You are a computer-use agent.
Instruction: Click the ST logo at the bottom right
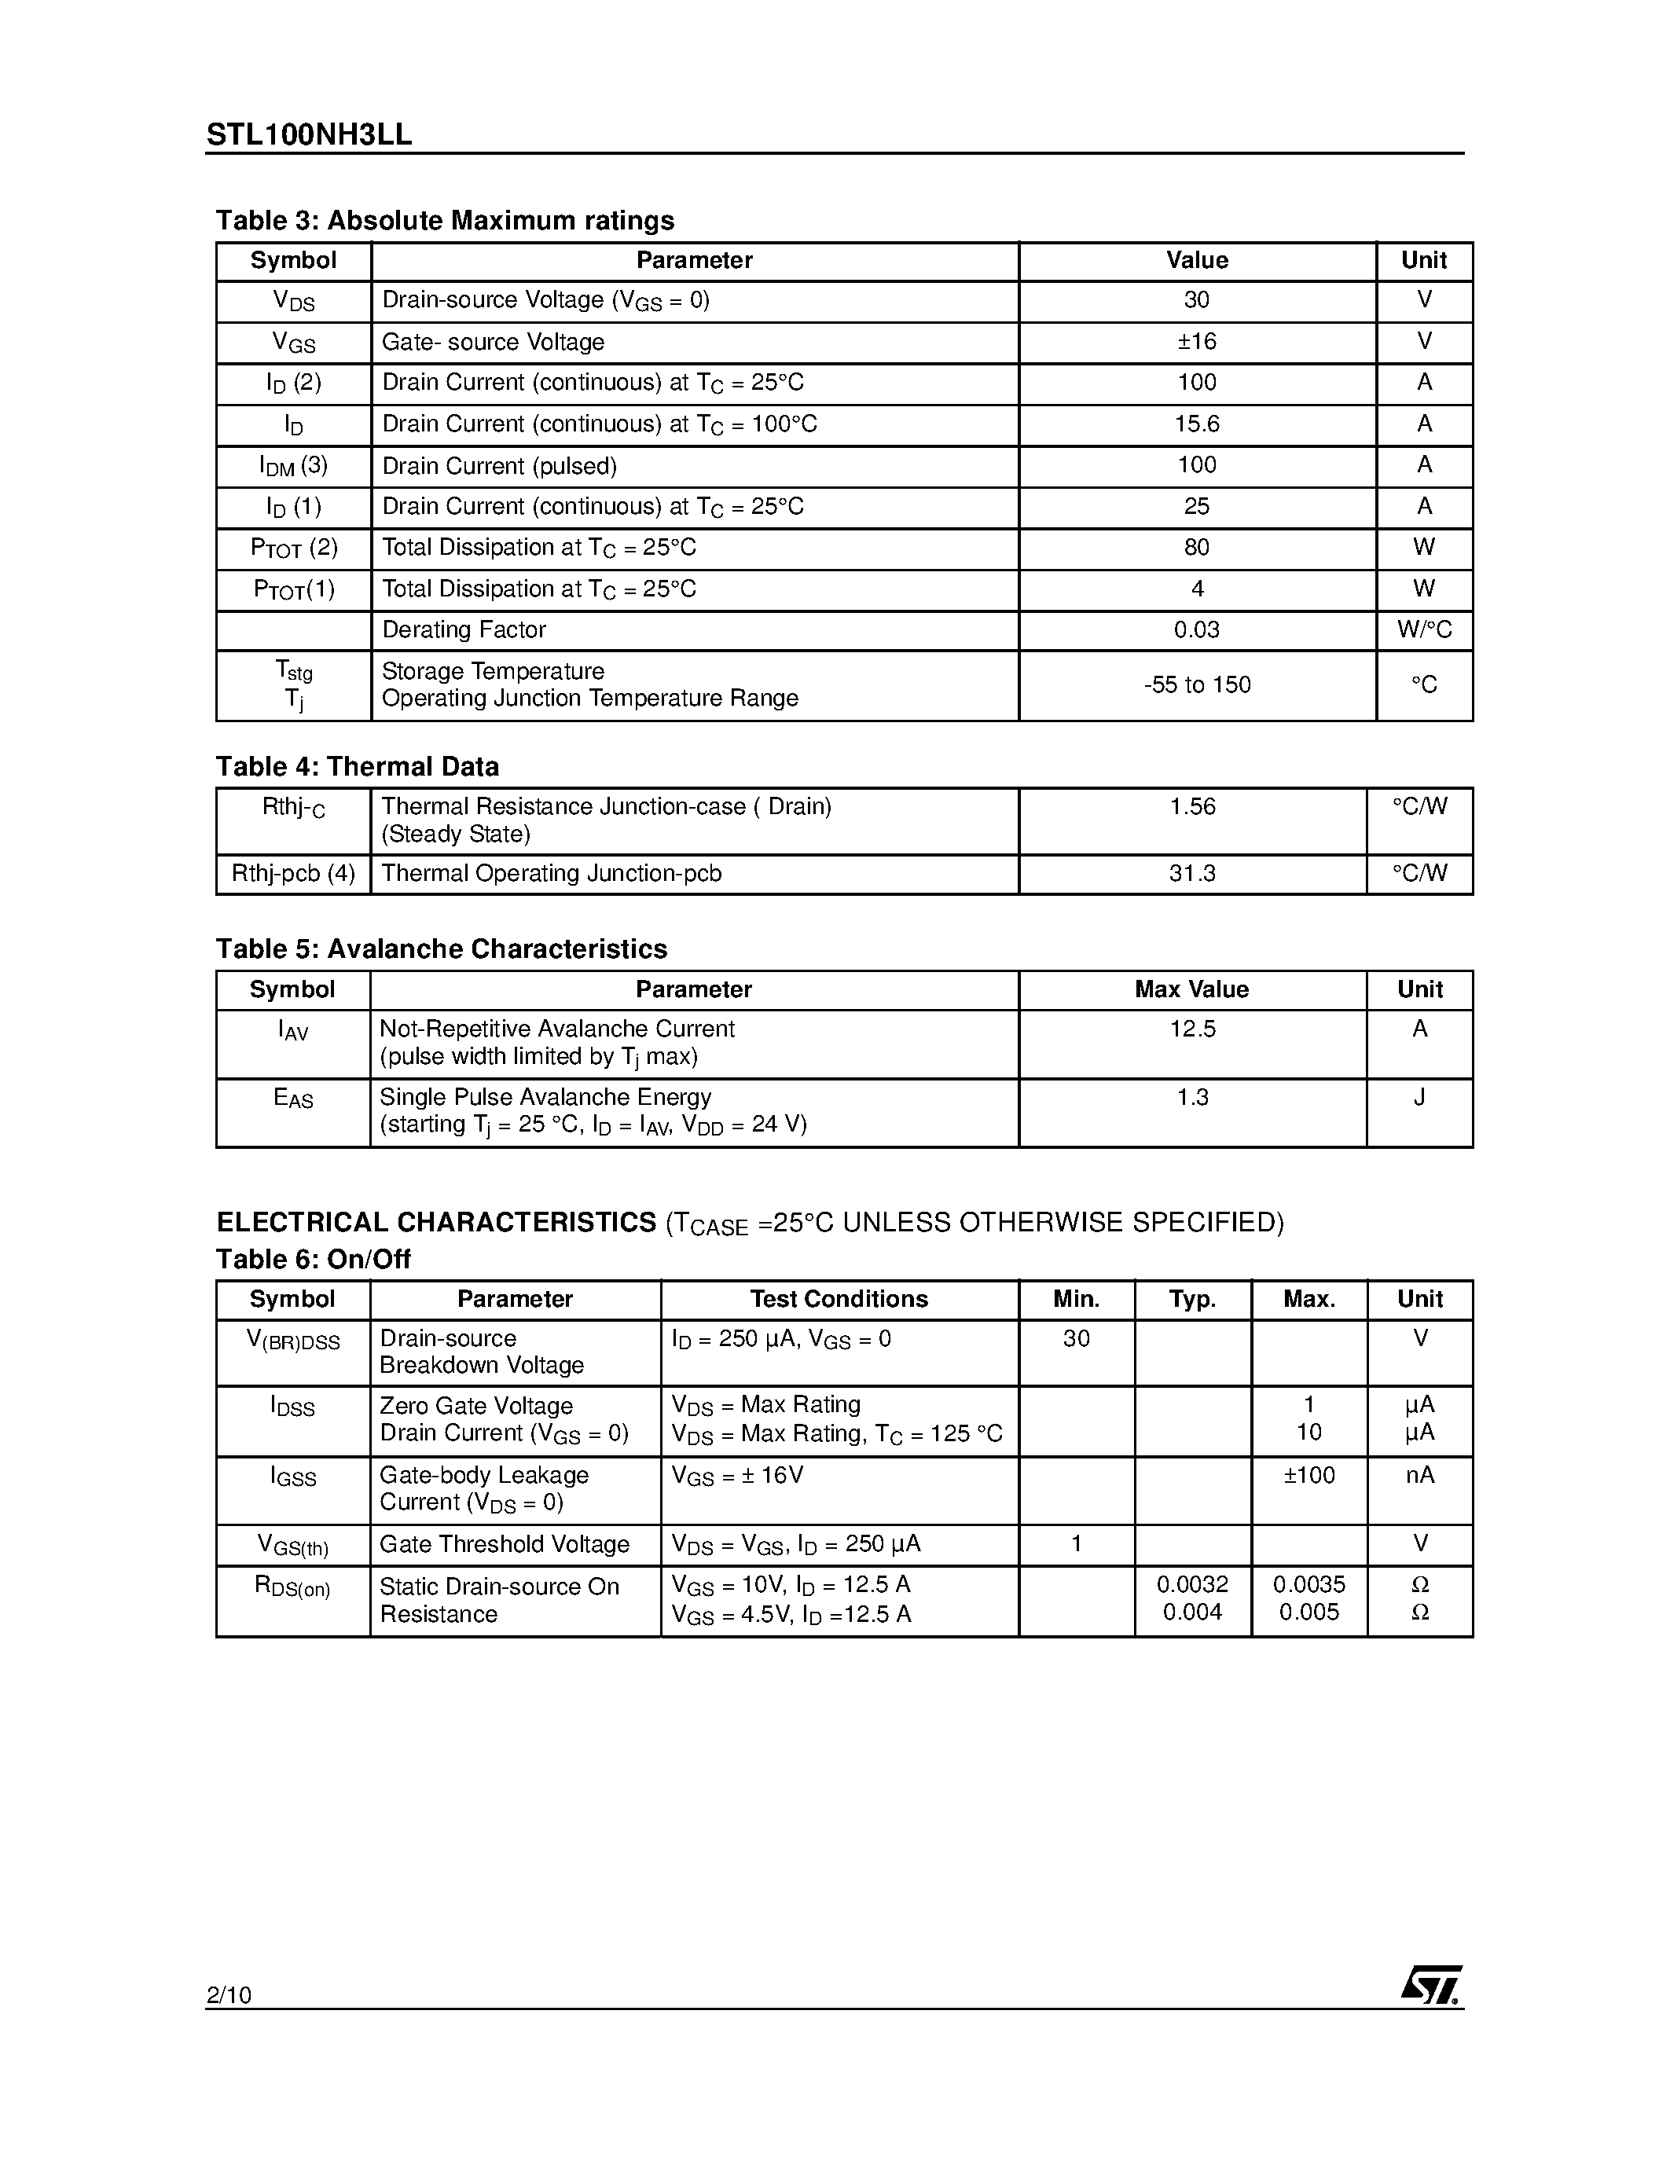tap(1430, 1984)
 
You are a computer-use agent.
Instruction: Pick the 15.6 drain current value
tap(1196, 424)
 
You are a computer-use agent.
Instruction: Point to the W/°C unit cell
tap(1424, 630)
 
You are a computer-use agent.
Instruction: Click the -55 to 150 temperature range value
tap(1196, 684)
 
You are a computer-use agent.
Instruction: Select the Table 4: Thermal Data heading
tap(357, 767)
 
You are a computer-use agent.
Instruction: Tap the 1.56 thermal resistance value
tap(1192, 807)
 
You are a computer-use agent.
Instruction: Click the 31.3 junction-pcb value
tap(1192, 874)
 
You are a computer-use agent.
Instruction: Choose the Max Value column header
tap(1191, 989)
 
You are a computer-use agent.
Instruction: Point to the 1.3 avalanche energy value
tap(1192, 1097)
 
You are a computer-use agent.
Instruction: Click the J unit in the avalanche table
tap(1419, 1097)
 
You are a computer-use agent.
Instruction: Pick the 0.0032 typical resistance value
tap(1192, 1585)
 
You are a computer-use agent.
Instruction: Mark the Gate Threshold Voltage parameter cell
tap(505, 1545)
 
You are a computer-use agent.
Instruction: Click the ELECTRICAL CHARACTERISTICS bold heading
tap(436, 1223)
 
